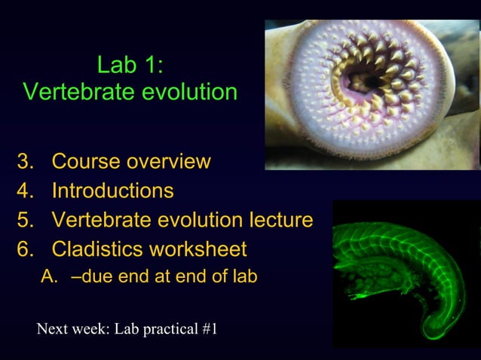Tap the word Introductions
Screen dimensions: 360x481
click(112, 191)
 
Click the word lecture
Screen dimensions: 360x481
click(280, 220)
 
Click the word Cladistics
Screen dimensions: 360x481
click(97, 249)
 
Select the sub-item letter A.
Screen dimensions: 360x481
click(49, 276)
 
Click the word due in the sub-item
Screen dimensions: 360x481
click(95, 276)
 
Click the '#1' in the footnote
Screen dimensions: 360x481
click(210, 329)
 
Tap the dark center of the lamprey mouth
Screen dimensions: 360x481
click(371, 79)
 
